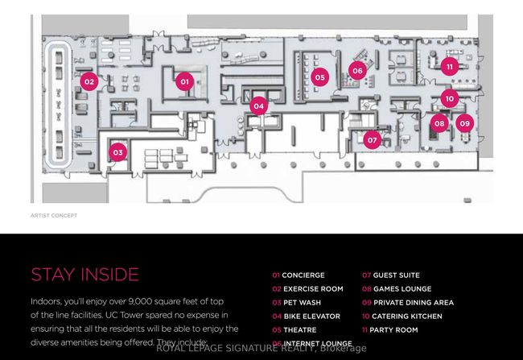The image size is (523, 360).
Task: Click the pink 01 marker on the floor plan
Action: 183,81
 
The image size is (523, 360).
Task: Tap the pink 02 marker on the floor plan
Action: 89,81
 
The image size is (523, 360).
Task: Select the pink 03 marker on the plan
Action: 118,151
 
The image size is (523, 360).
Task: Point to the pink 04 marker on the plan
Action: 257,106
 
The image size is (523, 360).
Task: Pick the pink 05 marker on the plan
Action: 320,77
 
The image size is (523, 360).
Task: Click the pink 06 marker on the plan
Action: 357,71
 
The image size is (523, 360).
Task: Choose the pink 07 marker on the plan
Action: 372,140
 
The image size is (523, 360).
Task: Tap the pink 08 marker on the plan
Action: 439,123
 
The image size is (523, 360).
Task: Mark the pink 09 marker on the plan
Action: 464,123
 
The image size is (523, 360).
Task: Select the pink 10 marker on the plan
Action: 449,98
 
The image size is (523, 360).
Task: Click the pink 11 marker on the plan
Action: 449,66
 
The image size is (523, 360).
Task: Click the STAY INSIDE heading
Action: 84,275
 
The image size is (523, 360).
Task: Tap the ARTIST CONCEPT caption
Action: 53,216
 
